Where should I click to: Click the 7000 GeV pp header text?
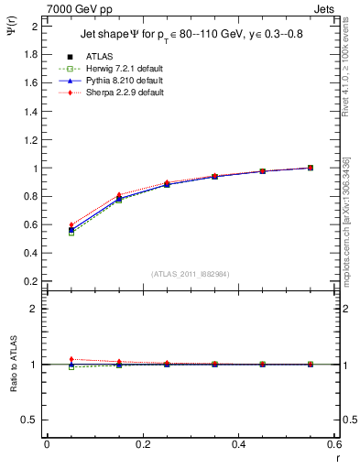(x=76, y=8)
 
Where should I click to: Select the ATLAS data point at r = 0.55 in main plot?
(x=311, y=168)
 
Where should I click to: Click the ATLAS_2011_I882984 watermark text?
(x=190, y=274)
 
